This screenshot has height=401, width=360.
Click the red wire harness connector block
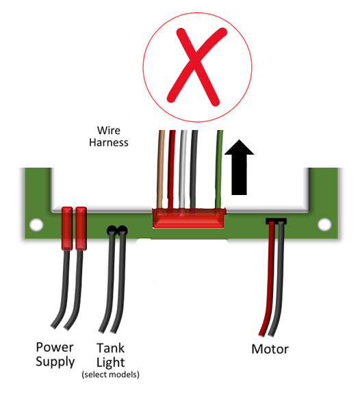(x=188, y=218)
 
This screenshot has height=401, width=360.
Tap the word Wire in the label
(x=110, y=129)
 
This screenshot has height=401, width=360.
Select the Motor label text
(x=270, y=350)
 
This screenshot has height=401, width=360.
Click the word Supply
(x=55, y=361)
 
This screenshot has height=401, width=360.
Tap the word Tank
(x=111, y=348)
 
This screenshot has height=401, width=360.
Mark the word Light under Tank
(x=111, y=361)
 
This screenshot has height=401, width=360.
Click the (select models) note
(x=110, y=375)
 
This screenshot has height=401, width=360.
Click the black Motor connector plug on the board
(x=275, y=221)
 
